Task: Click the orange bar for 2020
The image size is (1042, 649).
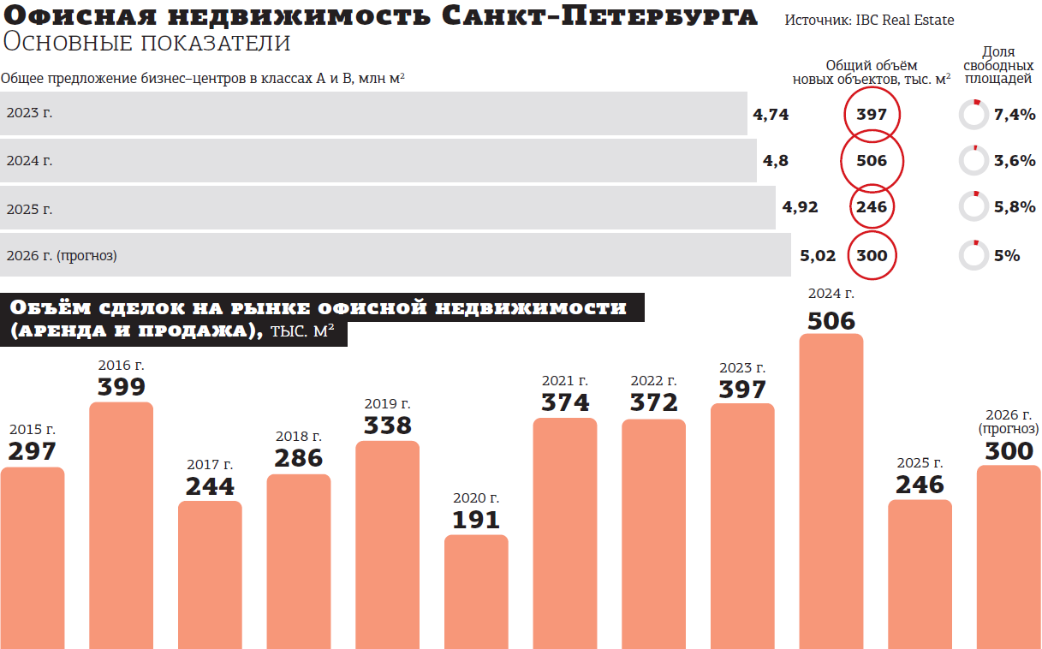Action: click(x=476, y=591)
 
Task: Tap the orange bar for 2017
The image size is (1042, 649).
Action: click(x=210, y=574)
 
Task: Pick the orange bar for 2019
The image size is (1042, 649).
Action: click(x=387, y=544)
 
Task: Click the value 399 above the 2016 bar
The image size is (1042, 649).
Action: click(x=121, y=388)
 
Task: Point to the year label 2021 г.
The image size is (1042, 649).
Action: click(x=565, y=381)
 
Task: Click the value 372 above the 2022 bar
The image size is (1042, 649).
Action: click(x=653, y=402)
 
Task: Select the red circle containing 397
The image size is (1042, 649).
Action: click(x=872, y=115)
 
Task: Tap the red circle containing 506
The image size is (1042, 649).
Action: click(x=872, y=161)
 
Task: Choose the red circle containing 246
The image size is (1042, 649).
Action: click(x=872, y=206)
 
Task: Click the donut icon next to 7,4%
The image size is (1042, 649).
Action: click(x=974, y=115)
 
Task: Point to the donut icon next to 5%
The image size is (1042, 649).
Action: click(x=974, y=255)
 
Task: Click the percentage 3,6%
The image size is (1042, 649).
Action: click(x=1015, y=161)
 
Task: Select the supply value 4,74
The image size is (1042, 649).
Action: click(x=771, y=115)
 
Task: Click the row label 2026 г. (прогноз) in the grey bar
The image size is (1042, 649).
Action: click(x=62, y=255)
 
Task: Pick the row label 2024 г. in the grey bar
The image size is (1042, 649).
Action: click(x=29, y=160)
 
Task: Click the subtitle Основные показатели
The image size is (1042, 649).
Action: click(x=146, y=43)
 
